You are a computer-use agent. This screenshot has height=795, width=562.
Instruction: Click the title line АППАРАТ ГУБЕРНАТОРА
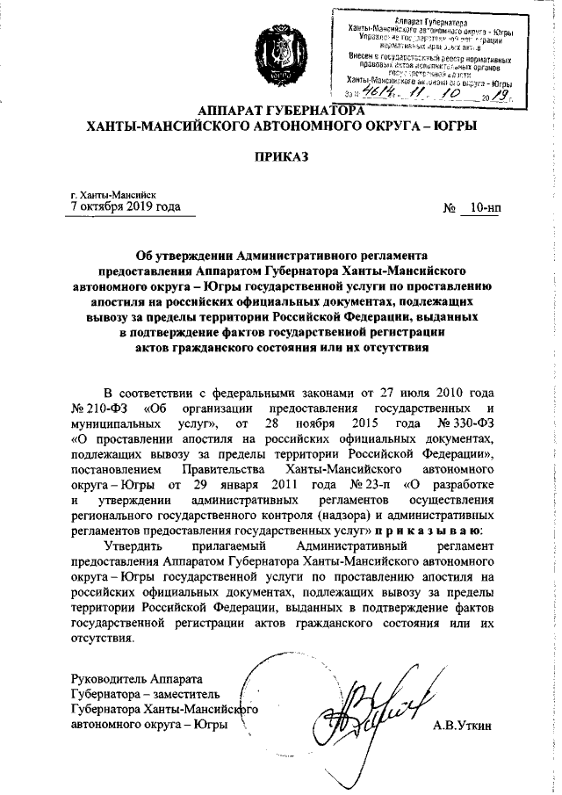pyautogui.click(x=281, y=112)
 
